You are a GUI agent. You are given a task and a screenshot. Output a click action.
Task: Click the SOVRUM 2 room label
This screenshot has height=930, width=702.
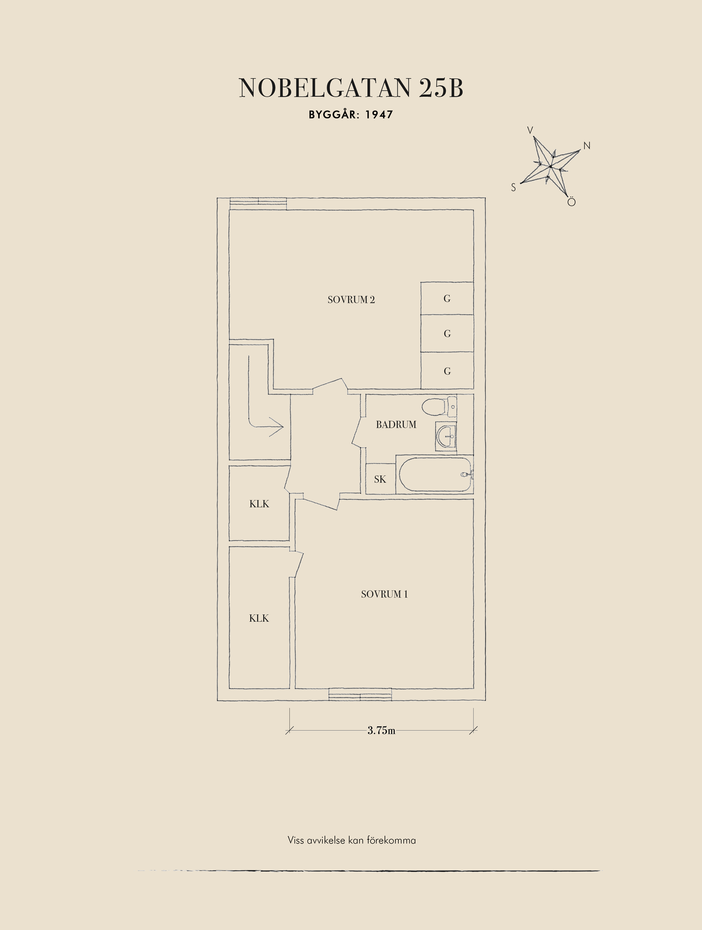coord(351,300)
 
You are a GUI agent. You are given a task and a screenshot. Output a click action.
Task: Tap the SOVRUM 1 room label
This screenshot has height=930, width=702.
coord(384,594)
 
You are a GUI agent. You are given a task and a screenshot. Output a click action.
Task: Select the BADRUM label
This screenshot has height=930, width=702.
coord(396,425)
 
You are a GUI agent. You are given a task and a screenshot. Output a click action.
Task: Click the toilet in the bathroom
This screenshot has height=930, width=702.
coord(437,407)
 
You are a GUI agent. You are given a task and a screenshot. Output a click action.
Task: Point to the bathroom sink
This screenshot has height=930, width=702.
coord(446,437)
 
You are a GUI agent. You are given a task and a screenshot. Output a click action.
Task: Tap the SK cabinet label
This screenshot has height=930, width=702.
coord(380,479)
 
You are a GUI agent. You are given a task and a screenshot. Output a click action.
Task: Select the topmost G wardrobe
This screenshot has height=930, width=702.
coord(447,298)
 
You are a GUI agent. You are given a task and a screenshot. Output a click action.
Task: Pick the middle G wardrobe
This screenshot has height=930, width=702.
coord(447,334)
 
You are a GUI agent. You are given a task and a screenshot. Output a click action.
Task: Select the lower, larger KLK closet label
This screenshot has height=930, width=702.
coord(259,618)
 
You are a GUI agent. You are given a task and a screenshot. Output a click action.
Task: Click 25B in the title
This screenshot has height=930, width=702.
coord(440,88)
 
